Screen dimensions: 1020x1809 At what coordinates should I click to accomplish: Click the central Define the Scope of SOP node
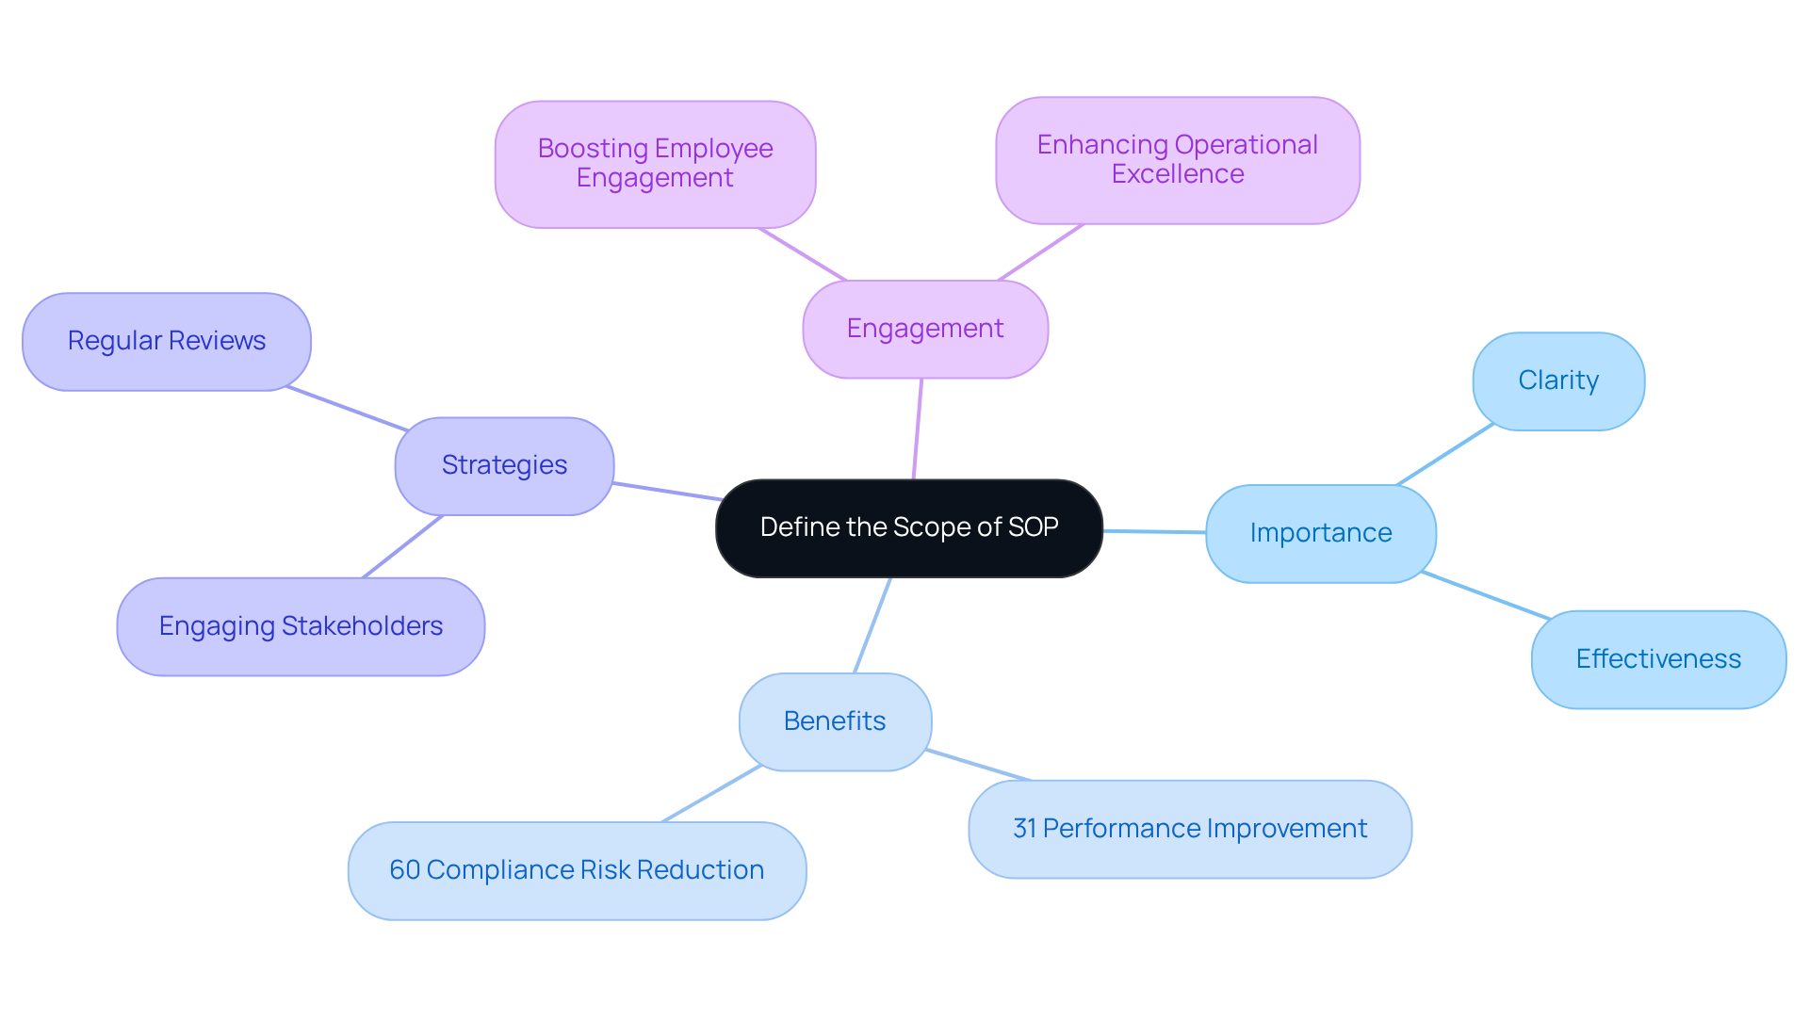(x=908, y=528)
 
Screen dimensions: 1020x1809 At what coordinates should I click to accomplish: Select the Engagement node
(x=924, y=329)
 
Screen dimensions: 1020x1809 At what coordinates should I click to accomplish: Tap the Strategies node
(x=504, y=465)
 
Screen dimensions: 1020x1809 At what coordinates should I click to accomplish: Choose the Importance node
(x=1320, y=533)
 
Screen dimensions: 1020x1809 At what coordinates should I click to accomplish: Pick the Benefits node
(x=835, y=721)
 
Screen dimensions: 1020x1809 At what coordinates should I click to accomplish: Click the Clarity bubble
(x=1557, y=380)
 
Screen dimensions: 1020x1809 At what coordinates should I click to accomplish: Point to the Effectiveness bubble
(x=1657, y=659)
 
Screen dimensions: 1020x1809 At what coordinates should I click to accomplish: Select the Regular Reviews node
(x=167, y=341)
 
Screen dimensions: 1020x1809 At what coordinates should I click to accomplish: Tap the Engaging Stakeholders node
(x=301, y=626)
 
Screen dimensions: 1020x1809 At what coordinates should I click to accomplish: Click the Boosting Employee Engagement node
(x=655, y=163)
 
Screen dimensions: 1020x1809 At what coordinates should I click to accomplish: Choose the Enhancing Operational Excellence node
(x=1177, y=159)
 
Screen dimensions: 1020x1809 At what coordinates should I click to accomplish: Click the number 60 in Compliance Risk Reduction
(x=404, y=870)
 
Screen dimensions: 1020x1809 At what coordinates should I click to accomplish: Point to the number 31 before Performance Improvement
(x=1024, y=829)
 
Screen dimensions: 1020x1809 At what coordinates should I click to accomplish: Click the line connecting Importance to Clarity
(x=1445, y=455)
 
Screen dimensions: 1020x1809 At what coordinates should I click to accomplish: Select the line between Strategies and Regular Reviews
(x=347, y=408)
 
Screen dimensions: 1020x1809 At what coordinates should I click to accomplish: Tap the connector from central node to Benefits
(x=872, y=624)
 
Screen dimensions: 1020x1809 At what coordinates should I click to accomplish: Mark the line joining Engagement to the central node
(x=918, y=429)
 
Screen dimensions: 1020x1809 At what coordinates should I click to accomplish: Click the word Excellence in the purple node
(x=1177, y=174)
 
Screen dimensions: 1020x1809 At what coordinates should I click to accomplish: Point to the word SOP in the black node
(x=1034, y=527)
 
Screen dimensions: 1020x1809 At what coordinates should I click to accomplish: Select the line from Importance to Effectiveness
(x=1486, y=595)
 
